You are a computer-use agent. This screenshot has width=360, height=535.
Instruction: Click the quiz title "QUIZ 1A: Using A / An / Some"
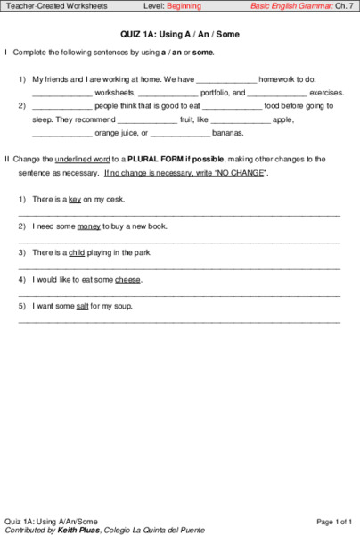click(x=180, y=33)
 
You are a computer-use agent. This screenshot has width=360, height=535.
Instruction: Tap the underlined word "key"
click(x=75, y=199)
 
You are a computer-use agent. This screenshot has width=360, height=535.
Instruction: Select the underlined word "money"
click(x=89, y=226)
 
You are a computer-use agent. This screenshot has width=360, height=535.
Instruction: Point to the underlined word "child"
click(x=78, y=252)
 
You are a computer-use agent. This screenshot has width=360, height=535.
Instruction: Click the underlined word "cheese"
click(x=127, y=279)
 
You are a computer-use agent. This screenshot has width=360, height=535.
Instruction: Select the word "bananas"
click(x=228, y=133)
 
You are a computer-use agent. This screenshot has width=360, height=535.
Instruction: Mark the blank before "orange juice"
click(x=61, y=135)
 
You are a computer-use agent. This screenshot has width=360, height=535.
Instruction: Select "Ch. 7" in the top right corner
click(x=345, y=6)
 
